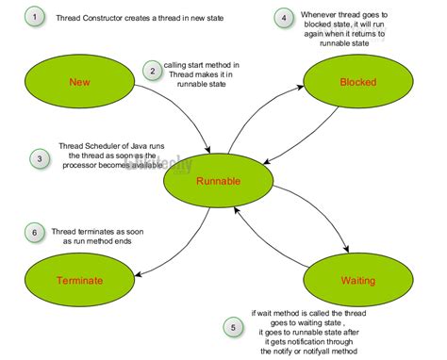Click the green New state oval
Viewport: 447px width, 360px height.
tap(80, 83)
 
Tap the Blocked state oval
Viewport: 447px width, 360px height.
tap(357, 82)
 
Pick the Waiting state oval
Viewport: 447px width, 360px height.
tap(357, 280)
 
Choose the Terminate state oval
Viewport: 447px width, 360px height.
tap(79, 280)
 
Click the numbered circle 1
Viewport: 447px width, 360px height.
tap(35, 17)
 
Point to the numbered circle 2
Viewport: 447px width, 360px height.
tap(152, 70)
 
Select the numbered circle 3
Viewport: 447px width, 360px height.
tap(38, 158)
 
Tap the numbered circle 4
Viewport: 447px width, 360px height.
tap(283, 18)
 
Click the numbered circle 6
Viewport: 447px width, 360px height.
tap(35, 232)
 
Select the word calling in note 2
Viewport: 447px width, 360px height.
tap(176, 65)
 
